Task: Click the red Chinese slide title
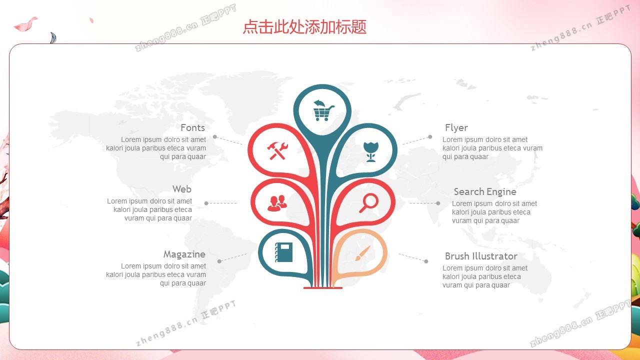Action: coord(304,27)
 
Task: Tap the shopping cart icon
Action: coord(323,110)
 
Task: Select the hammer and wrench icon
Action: coord(277,150)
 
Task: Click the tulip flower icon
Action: coord(371,151)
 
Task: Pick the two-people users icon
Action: coord(277,203)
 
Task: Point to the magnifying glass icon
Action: coord(368,203)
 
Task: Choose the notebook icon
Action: coord(283,252)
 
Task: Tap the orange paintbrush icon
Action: coord(362,253)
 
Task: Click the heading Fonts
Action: coord(193,127)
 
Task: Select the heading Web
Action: coord(182,189)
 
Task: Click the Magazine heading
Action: coord(184,254)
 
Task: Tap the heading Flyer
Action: coord(456,127)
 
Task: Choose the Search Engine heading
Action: coord(485,191)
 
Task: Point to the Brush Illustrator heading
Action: coord(481,256)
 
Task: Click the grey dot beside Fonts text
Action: coord(215,137)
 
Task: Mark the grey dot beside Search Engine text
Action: coord(438,203)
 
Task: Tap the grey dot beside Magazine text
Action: coord(219,261)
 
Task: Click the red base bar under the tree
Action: coord(323,287)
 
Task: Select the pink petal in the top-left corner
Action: coord(25,24)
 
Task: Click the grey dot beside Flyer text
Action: coord(430,137)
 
